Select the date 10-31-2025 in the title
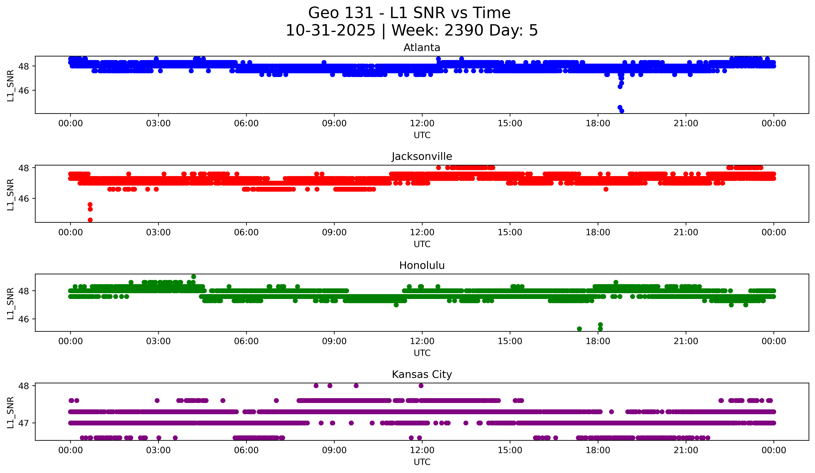[x=331, y=30]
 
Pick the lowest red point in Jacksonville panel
[x=90, y=220]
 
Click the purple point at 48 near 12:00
[x=421, y=386]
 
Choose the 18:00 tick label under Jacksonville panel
[x=598, y=233]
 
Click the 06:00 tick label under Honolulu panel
[x=246, y=341]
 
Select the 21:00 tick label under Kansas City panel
[x=686, y=450]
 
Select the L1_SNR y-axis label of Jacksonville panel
[x=10, y=195]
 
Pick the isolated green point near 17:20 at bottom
[x=579, y=329]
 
